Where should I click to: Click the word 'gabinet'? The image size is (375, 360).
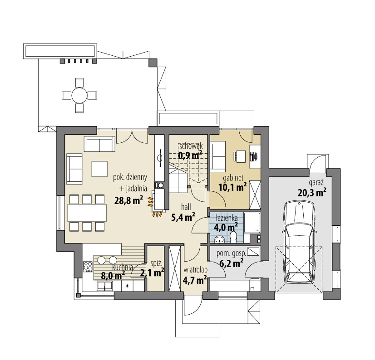point(233,178)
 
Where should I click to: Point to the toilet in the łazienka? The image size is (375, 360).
point(233,237)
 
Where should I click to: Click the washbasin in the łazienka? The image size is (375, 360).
point(219,239)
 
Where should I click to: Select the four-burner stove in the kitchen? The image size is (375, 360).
point(88,266)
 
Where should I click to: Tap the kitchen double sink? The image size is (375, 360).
point(104,286)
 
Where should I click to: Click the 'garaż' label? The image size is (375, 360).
point(316,183)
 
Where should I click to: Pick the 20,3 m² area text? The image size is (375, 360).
point(312,192)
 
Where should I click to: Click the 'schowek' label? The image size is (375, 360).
point(191,146)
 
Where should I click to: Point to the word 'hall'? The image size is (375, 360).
point(186,207)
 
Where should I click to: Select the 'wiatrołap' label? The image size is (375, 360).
point(195,270)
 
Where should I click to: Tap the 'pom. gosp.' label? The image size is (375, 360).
point(231,254)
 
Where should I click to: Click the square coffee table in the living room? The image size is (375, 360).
point(99,169)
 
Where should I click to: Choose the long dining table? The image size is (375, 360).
point(87,213)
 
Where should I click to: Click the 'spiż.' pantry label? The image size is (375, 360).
point(157,264)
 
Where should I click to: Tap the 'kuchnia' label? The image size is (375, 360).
point(123,267)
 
